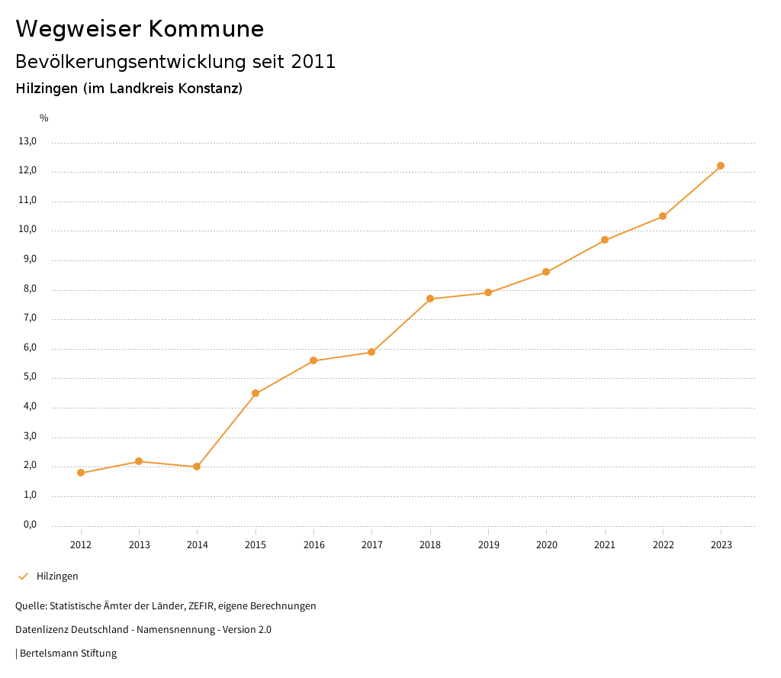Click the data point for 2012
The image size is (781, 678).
click(x=81, y=473)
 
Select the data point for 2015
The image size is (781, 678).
click(x=256, y=393)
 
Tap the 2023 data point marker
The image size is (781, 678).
click(x=721, y=166)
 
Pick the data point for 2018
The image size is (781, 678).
click(x=430, y=299)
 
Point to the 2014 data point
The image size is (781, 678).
click(x=197, y=467)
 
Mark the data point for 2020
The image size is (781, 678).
click(x=546, y=272)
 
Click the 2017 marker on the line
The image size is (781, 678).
click(x=371, y=352)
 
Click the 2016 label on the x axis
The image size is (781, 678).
click(x=313, y=545)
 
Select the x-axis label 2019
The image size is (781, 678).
click(x=488, y=545)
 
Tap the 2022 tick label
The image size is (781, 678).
click(x=663, y=545)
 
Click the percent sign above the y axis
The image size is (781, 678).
click(x=44, y=118)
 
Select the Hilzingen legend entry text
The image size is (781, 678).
click(x=57, y=576)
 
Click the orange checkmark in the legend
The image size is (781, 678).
click(x=23, y=576)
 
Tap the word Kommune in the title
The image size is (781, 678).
click(x=206, y=29)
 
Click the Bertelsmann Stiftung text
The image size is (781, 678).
click(x=68, y=654)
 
